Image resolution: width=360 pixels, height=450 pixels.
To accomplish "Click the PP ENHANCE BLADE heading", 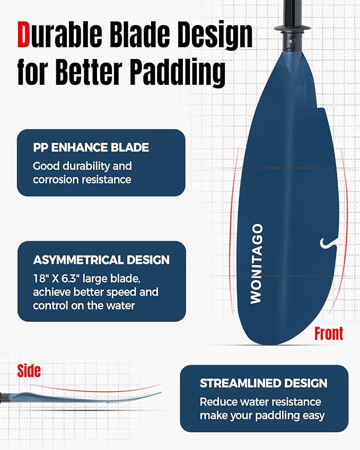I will (91, 147).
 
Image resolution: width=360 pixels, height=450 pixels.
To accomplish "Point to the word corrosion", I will (56, 180).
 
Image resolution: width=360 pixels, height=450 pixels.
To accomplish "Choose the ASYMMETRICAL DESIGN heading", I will (101, 260).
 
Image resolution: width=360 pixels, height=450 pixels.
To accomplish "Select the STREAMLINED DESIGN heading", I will (264, 383).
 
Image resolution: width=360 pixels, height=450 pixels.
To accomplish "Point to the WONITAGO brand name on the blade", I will (256, 263).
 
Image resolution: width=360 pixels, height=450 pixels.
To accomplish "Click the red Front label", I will (328, 333).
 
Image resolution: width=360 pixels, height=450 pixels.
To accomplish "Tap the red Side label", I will (29, 370).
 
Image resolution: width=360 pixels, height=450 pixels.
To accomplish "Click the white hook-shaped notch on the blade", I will (326, 242).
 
